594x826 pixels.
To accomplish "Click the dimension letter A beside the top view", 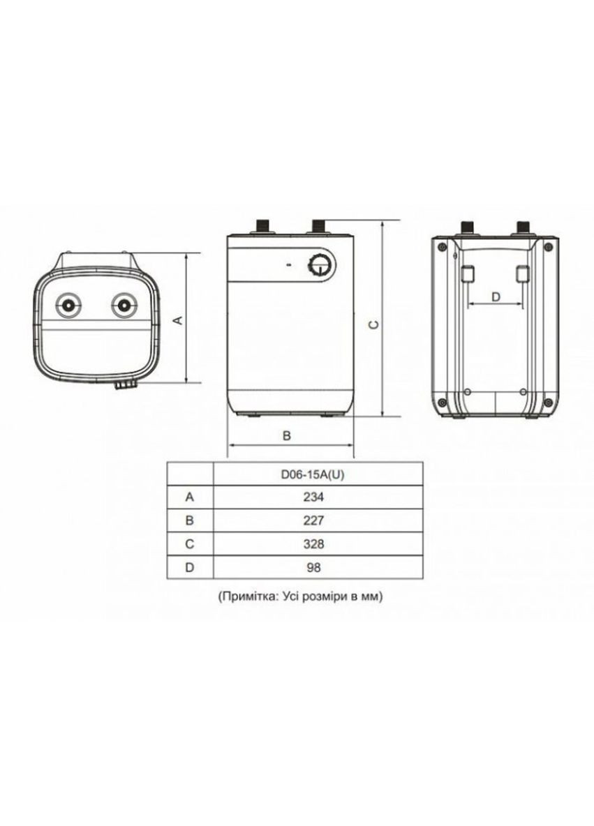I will [177, 320].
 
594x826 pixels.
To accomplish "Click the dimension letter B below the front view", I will [286, 435].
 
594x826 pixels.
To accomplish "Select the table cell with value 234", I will [317, 497].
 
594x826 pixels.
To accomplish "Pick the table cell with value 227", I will [317, 520].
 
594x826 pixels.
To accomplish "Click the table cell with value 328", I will [317, 543].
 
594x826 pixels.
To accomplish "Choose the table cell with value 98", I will [317, 567].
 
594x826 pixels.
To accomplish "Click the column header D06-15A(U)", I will [317, 474].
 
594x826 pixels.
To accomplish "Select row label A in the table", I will [189, 497].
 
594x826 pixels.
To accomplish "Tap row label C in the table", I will [189, 543].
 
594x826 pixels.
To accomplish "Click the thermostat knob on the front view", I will [320, 265].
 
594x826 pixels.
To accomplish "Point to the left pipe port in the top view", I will [70, 305].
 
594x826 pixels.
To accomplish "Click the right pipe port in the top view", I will [122, 305].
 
